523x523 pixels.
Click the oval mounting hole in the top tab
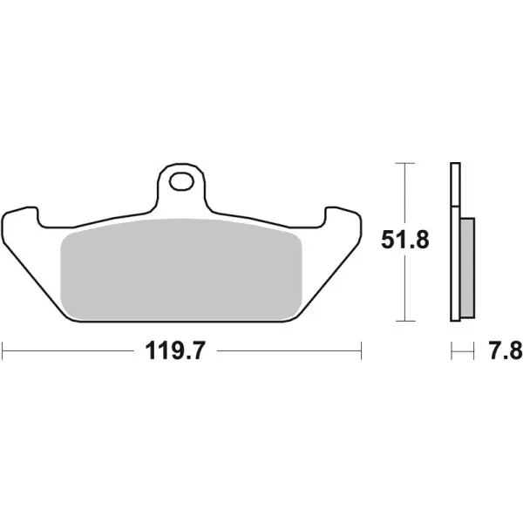[182, 182]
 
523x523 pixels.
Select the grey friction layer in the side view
[466, 268]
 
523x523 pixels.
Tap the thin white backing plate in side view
[454, 244]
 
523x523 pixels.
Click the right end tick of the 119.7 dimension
[361, 352]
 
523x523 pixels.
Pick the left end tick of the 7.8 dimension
[451, 352]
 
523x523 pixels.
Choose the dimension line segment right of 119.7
[288, 352]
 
